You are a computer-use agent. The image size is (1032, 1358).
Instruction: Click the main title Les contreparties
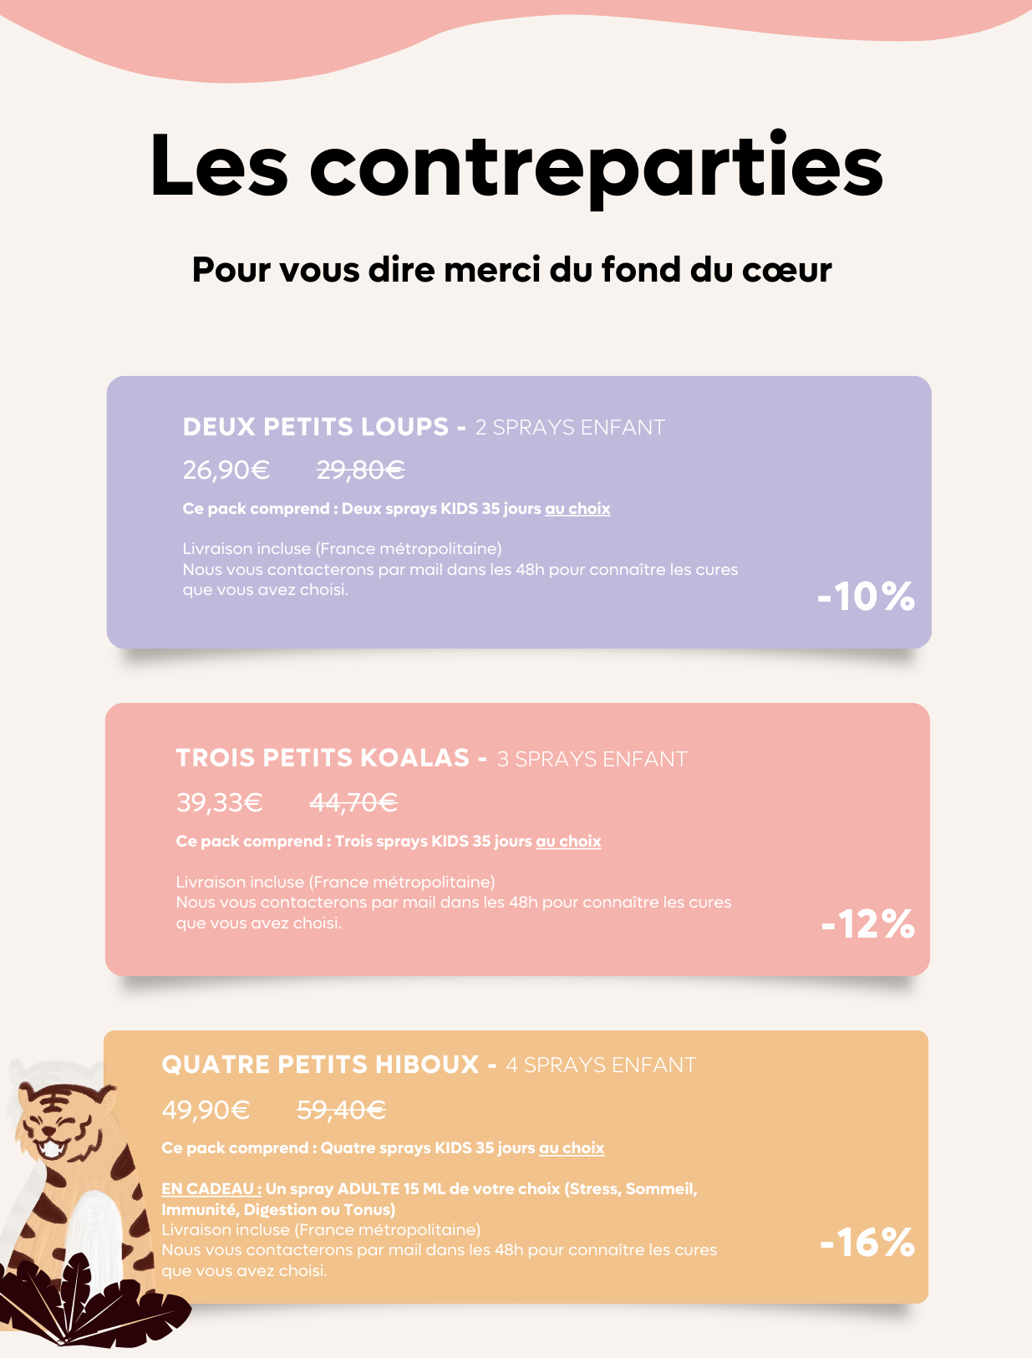[x=516, y=165]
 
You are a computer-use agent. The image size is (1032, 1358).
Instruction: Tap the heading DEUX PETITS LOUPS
[x=316, y=427]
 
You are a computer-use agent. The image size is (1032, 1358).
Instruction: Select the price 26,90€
[x=226, y=470]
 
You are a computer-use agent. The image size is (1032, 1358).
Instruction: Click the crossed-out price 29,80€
[x=360, y=470]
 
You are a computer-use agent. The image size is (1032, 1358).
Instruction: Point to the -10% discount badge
[x=866, y=597]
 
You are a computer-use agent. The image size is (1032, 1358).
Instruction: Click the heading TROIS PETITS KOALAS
[x=323, y=758]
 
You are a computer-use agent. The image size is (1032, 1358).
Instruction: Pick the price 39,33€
[x=219, y=803]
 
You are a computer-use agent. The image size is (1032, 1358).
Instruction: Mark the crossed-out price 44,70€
[x=353, y=803]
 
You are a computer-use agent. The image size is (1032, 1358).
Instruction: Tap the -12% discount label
[x=867, y=924]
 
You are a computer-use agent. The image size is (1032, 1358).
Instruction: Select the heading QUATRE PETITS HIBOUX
[x=320, y=1065]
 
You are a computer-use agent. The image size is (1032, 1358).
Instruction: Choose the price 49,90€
[x=206, y=1110]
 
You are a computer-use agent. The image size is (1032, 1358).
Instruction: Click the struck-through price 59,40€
[x=341, y=1110]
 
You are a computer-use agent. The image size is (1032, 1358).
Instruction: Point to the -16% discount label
[x=867, y=1243]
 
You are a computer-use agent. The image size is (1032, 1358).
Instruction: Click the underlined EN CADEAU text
[x=211, y=1188]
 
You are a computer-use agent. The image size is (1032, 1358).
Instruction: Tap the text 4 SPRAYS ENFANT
[x=601, y=1066]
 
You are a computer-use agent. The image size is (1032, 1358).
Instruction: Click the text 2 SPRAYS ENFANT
[x=570, y=428]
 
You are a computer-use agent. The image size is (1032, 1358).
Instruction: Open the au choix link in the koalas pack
[x=568, y=842]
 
